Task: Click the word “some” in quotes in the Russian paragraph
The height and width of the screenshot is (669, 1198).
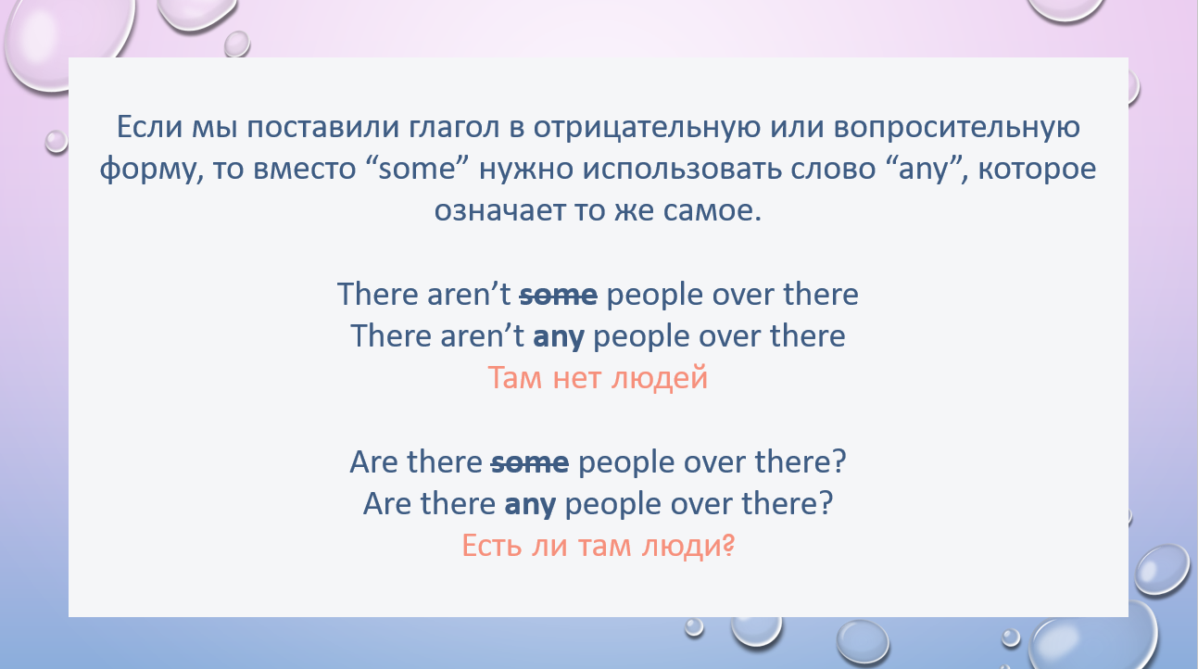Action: [417, 169]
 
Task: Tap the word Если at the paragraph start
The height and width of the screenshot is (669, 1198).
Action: [150, 127]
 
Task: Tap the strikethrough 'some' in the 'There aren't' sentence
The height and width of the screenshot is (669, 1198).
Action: [559, 295]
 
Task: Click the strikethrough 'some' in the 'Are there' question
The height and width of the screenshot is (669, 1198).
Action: [530, 462]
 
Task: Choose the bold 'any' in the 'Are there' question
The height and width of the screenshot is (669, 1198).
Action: [530, 505]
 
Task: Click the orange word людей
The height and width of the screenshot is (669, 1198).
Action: [659, 378]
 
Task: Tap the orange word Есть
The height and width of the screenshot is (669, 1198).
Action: [492, 546]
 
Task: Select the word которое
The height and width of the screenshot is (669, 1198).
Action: [1037, 169]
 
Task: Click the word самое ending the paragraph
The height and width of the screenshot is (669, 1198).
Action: [712, 210]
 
